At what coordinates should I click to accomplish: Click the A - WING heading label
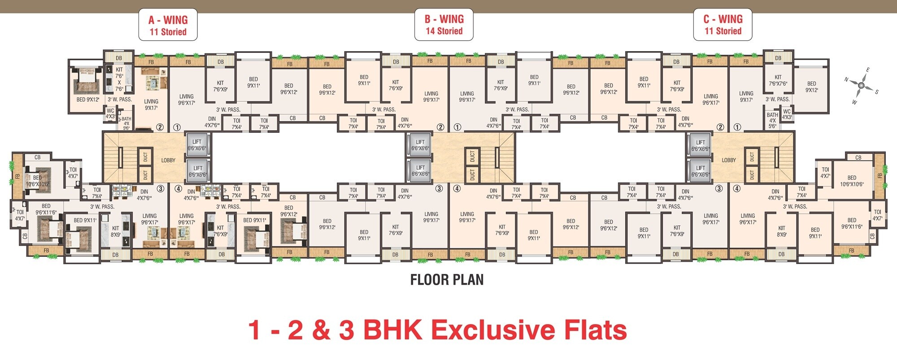tap(168, 20)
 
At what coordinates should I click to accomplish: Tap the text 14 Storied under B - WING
tap(444, 31)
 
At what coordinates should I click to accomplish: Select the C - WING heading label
tap(723, 19)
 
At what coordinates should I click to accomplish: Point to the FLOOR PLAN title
tap(447, 280)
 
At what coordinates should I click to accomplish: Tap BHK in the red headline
tap(392, 330)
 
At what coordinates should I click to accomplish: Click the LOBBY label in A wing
tap(168, 160)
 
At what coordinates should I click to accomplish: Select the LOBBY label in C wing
tap(728, 160)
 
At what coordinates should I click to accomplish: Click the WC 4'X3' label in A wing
tap(110, 113)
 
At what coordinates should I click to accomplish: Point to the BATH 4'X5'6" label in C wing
tap(772, 121)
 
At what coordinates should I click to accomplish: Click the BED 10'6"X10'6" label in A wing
tap(37, 181)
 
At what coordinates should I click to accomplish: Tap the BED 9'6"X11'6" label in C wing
tap(851, 223)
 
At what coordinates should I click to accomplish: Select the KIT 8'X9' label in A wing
tap(116, 231)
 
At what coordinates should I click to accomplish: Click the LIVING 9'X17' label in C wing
tap(746, 96)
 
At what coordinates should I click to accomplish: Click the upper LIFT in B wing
tap(420, 145)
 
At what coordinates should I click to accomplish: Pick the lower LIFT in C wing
tap(700, 171)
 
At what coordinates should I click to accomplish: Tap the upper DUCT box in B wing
tap(472, 156)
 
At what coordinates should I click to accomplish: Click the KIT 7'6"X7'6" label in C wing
tap(778, 80)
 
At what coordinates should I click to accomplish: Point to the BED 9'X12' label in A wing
tap(88, 100)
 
